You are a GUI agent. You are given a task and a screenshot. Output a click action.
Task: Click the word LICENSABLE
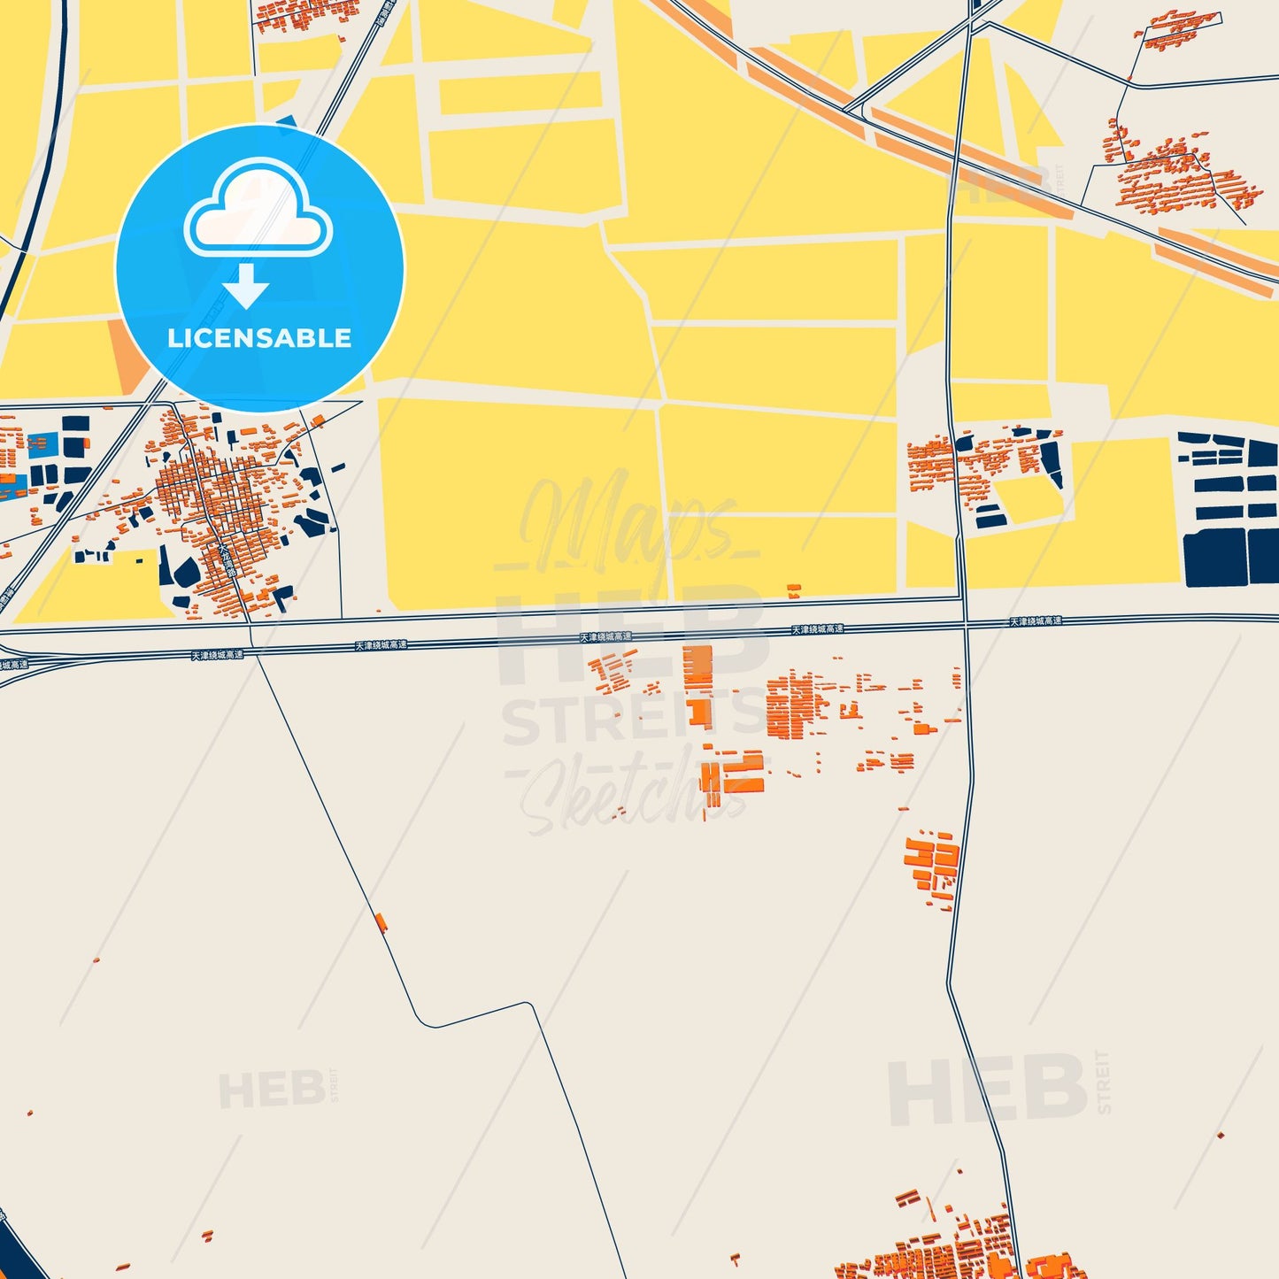tap(259, 338)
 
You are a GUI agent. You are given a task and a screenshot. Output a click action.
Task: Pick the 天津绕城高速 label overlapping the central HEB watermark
tap(606, 637)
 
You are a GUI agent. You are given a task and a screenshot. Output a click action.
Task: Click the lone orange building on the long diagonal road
tap(381, 922)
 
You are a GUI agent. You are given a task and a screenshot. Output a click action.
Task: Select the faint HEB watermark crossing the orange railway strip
tap(1005, 183)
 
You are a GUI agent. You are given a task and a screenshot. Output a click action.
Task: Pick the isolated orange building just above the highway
tap(794, 590)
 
